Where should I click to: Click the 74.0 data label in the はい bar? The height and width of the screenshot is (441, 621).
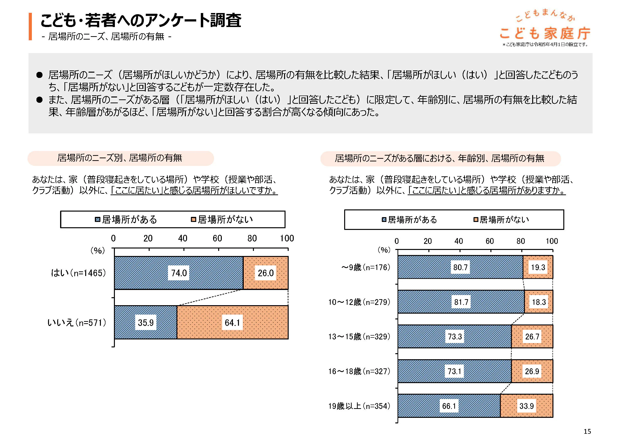coord(179,273)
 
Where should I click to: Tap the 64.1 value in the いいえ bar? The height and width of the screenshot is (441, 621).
coord(232,323)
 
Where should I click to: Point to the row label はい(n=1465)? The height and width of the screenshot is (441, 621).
coord(78,273)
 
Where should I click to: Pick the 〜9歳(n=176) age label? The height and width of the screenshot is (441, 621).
coord(366,268)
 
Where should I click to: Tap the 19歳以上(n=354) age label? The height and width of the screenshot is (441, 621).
coord(359,406)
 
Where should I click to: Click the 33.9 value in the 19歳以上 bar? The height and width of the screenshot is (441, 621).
coord(526,406)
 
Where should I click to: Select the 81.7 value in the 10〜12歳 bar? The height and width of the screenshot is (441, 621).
coord(461,302)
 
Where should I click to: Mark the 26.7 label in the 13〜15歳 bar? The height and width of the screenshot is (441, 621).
coord(532,337)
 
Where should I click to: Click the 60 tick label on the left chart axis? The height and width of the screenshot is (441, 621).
coord(217,238)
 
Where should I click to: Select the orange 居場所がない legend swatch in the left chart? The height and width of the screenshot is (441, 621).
coord(193,219)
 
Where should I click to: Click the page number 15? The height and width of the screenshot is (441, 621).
coord(587,431)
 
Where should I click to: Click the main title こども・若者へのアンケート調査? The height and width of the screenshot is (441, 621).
coord(141,20)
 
